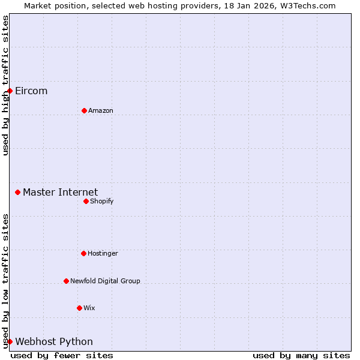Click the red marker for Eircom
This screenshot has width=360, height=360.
tap(10, 91)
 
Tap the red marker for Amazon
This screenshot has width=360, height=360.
tap(84, 110)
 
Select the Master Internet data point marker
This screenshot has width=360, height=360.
tap(17, 192)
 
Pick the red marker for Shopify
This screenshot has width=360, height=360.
tap(86, 201)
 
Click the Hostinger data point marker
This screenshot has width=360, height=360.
tap(83, 253)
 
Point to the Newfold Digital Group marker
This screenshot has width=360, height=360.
tap(66, 281)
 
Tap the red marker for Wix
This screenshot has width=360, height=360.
tap(79, 308)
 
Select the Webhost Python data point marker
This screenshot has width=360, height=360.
tap(10, 341)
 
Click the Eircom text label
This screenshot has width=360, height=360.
tap(31, 91)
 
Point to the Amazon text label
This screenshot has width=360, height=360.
tap(101, 111)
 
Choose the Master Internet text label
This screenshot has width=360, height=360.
tap(60, 193)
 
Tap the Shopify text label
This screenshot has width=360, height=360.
tap(102, 202)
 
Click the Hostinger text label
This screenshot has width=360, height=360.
tap(103, 254)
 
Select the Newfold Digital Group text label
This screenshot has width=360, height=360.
tap(105, 281)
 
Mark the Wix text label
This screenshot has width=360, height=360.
tap(89, 308)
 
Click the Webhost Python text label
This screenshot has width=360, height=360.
tap(54, 342)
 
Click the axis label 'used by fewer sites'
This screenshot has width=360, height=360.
tap(62, 356)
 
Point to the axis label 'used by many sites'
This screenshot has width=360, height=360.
tap(301, 356)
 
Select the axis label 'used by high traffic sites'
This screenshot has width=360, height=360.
tap(5, 85)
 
